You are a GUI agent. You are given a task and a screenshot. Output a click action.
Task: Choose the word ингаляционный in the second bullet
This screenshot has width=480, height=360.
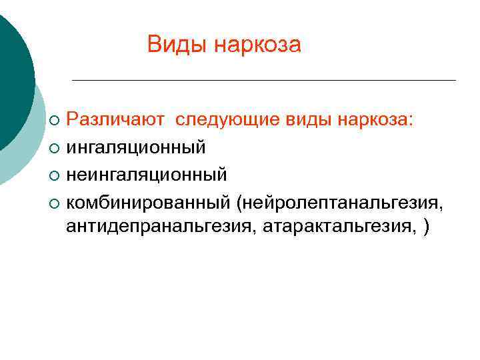click(136, 147)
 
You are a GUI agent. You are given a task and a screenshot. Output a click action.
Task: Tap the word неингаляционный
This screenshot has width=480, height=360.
click(147, 174)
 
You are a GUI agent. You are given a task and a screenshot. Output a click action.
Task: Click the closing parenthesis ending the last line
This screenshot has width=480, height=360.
click(426, 228)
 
